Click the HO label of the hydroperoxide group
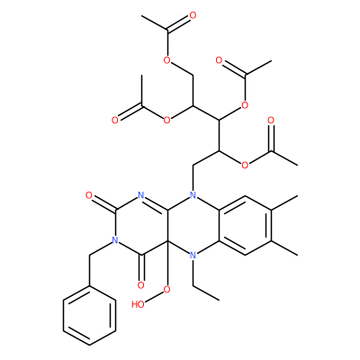[138, 304]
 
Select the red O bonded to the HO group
[166, 290]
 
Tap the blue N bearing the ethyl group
[193, 256]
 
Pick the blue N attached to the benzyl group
[114, 240]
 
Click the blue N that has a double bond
[140, 195]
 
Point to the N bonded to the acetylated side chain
[193, 195]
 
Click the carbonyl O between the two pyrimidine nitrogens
[89, 196]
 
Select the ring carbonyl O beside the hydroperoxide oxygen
[140, 285]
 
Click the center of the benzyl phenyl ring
[89, 316]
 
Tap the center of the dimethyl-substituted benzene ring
[246, 226]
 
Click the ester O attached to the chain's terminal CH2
[166, 60]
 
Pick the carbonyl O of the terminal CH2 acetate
[193, 15]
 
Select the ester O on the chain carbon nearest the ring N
[245, 166]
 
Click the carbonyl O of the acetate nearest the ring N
[271, 121]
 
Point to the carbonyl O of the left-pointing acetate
[115, 121]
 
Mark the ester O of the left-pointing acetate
[166, 121]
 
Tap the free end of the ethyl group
[220, 300]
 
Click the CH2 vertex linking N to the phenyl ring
[89, 256]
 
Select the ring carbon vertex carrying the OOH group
[166, 240]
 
